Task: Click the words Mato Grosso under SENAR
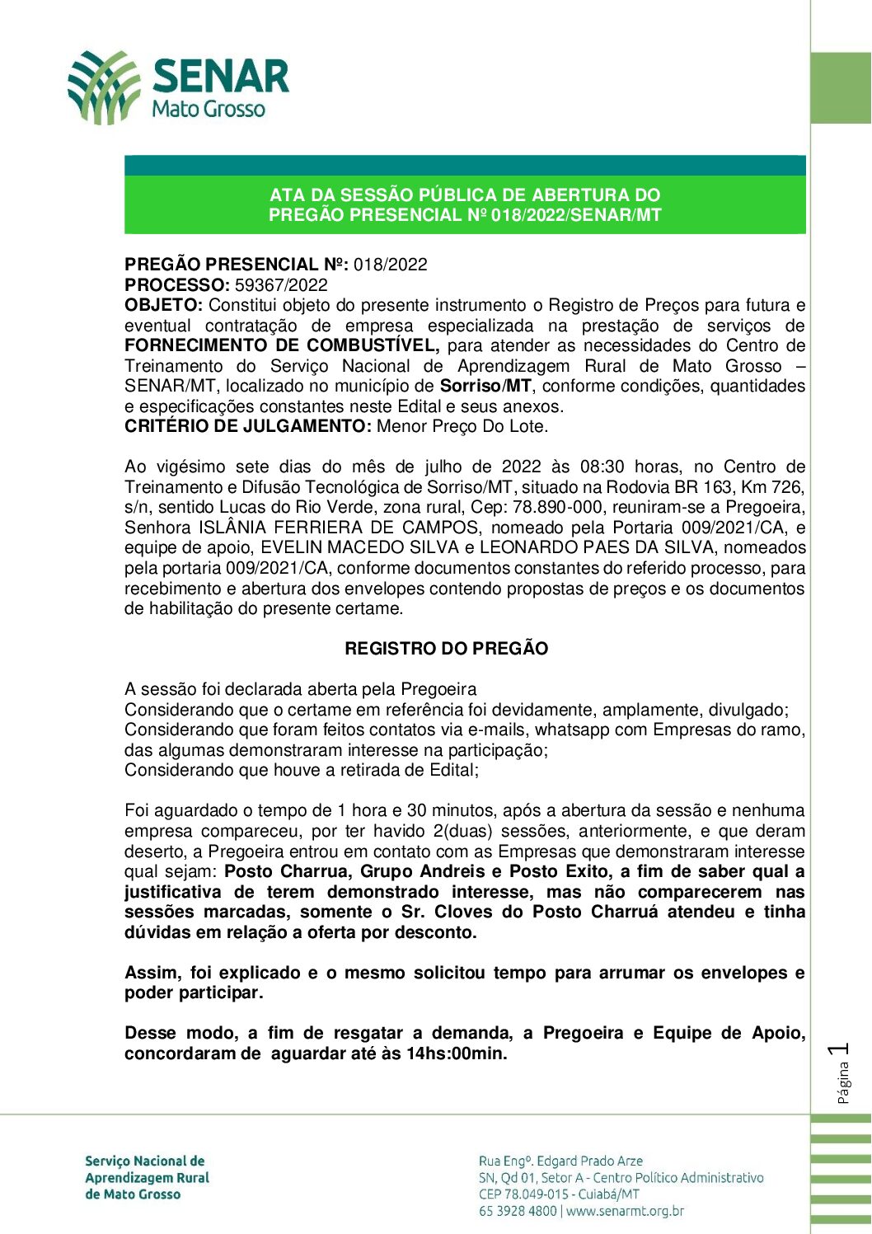(209, 110)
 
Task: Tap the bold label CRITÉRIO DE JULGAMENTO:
(248, 427)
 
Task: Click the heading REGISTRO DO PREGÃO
(446, 649)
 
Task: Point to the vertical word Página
(842, 1082)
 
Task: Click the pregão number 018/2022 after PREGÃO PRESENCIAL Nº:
(391, 265)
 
